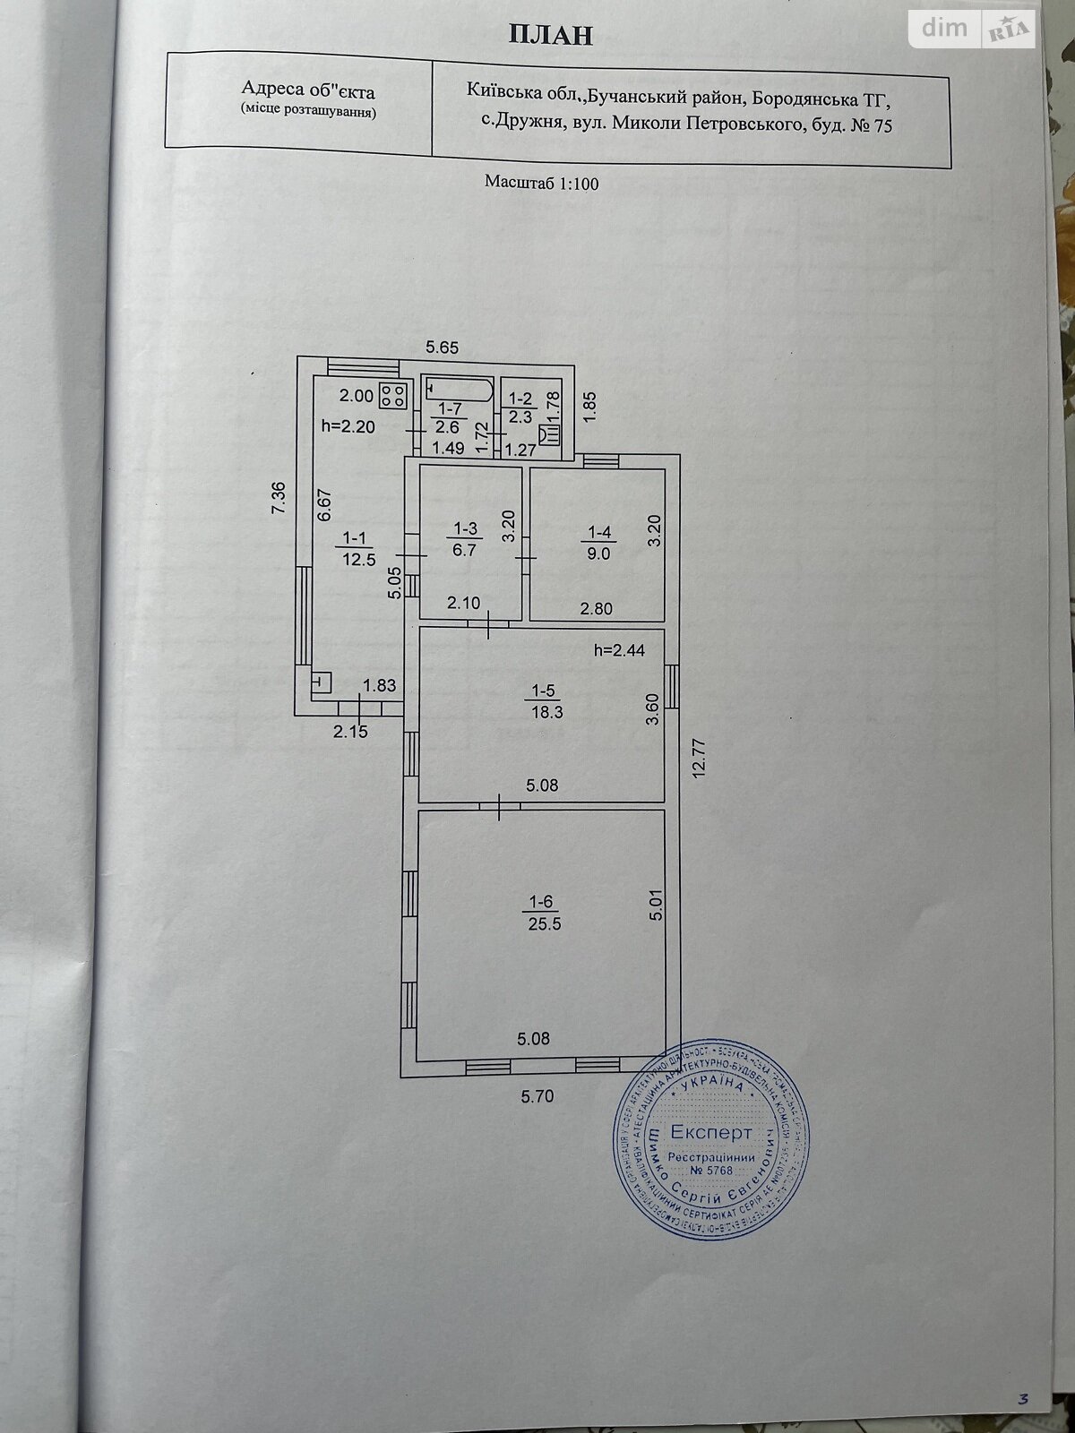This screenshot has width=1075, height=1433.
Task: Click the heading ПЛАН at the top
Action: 550,35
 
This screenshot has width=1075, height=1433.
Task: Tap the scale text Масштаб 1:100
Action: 541,183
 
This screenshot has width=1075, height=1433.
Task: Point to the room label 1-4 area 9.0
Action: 598,544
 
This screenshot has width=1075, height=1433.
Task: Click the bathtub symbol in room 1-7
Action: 456,389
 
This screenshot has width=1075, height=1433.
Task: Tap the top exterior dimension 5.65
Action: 442,348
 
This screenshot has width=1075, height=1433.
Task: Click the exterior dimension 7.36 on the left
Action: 279,498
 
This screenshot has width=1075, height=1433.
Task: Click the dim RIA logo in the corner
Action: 972,30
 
